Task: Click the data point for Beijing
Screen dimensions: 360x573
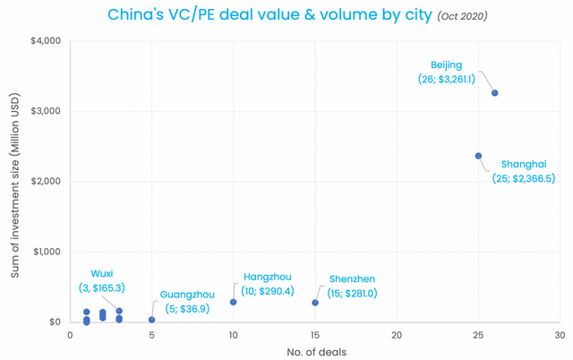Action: [x=495, y=93]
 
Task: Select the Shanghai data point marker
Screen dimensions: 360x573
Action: [x=479, y=156]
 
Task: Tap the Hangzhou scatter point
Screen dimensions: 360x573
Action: [x=234, y=302]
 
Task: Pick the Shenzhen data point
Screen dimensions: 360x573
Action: [x=315, y=303]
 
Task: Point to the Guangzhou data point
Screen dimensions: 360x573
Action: [x=152, y=320]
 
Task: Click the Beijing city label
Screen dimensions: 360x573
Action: [x=447, y=65]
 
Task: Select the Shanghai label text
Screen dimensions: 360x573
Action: [x=524, y=164]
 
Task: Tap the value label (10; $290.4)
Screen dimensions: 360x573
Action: [x=268, y=292]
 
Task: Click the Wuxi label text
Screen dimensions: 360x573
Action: [x=102, y=274]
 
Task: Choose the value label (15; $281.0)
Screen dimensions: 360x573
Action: [x=353, y=294]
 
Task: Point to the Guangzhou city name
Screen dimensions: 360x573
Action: [x=187, y=295]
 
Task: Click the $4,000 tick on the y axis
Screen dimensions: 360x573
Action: [x=45, y=41]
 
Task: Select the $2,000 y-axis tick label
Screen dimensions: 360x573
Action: [x=45, y=182]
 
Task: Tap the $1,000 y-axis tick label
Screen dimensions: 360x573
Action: [x=45, y=252]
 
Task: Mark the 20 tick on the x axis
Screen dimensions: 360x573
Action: [x=397, y=335]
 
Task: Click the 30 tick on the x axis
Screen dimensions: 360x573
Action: [x=560, y=335]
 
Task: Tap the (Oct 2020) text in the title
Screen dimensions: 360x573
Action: [x=463, y=17]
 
